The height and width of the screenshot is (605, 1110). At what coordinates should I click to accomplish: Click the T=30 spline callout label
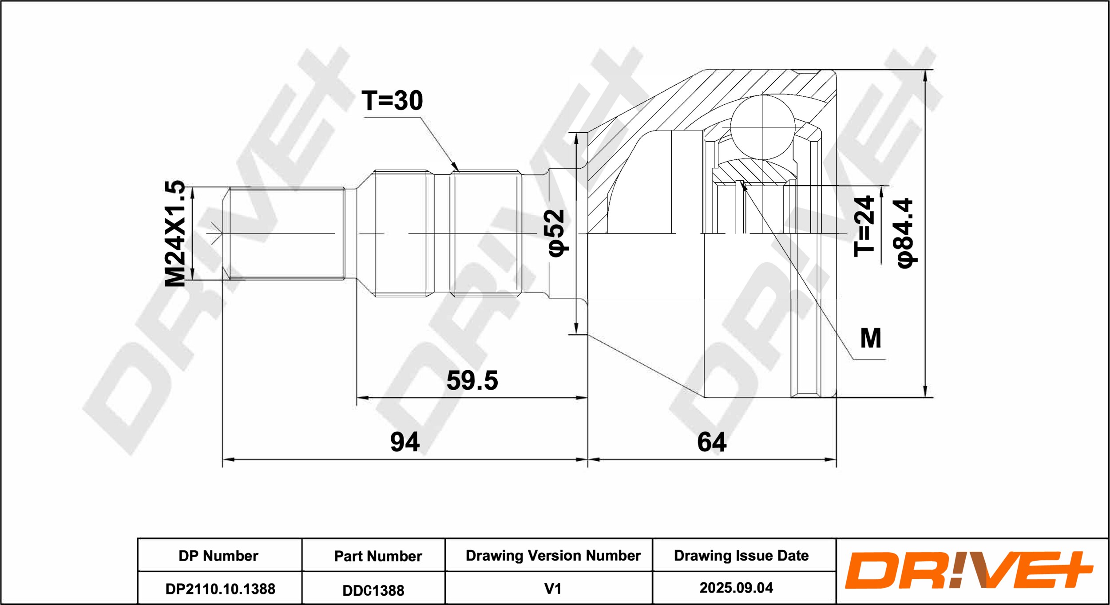pyautogui.click(x=392, y=100)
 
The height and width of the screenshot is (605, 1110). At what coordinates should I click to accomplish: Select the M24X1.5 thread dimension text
pyautogui.click(x=175, y=233)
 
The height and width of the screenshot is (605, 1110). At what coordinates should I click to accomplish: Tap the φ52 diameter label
pyautogui.click(x=556, y=233)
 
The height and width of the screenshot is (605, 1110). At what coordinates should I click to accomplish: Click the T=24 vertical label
pyautogui.click(x=864, y=226)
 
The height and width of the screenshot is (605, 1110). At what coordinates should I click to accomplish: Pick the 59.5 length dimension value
pyautogui.click(x=472, y=380)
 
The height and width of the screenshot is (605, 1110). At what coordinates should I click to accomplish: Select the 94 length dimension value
pyautogui.click(x=404, y=442)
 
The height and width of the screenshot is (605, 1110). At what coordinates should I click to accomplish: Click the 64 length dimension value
pyautogui.click(x=712, y=442)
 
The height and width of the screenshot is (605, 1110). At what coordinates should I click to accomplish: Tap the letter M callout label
pyautogui.click(x=871, y=338)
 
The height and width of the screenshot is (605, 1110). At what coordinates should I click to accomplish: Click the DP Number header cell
pyautogui.click(x=218, y=556)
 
